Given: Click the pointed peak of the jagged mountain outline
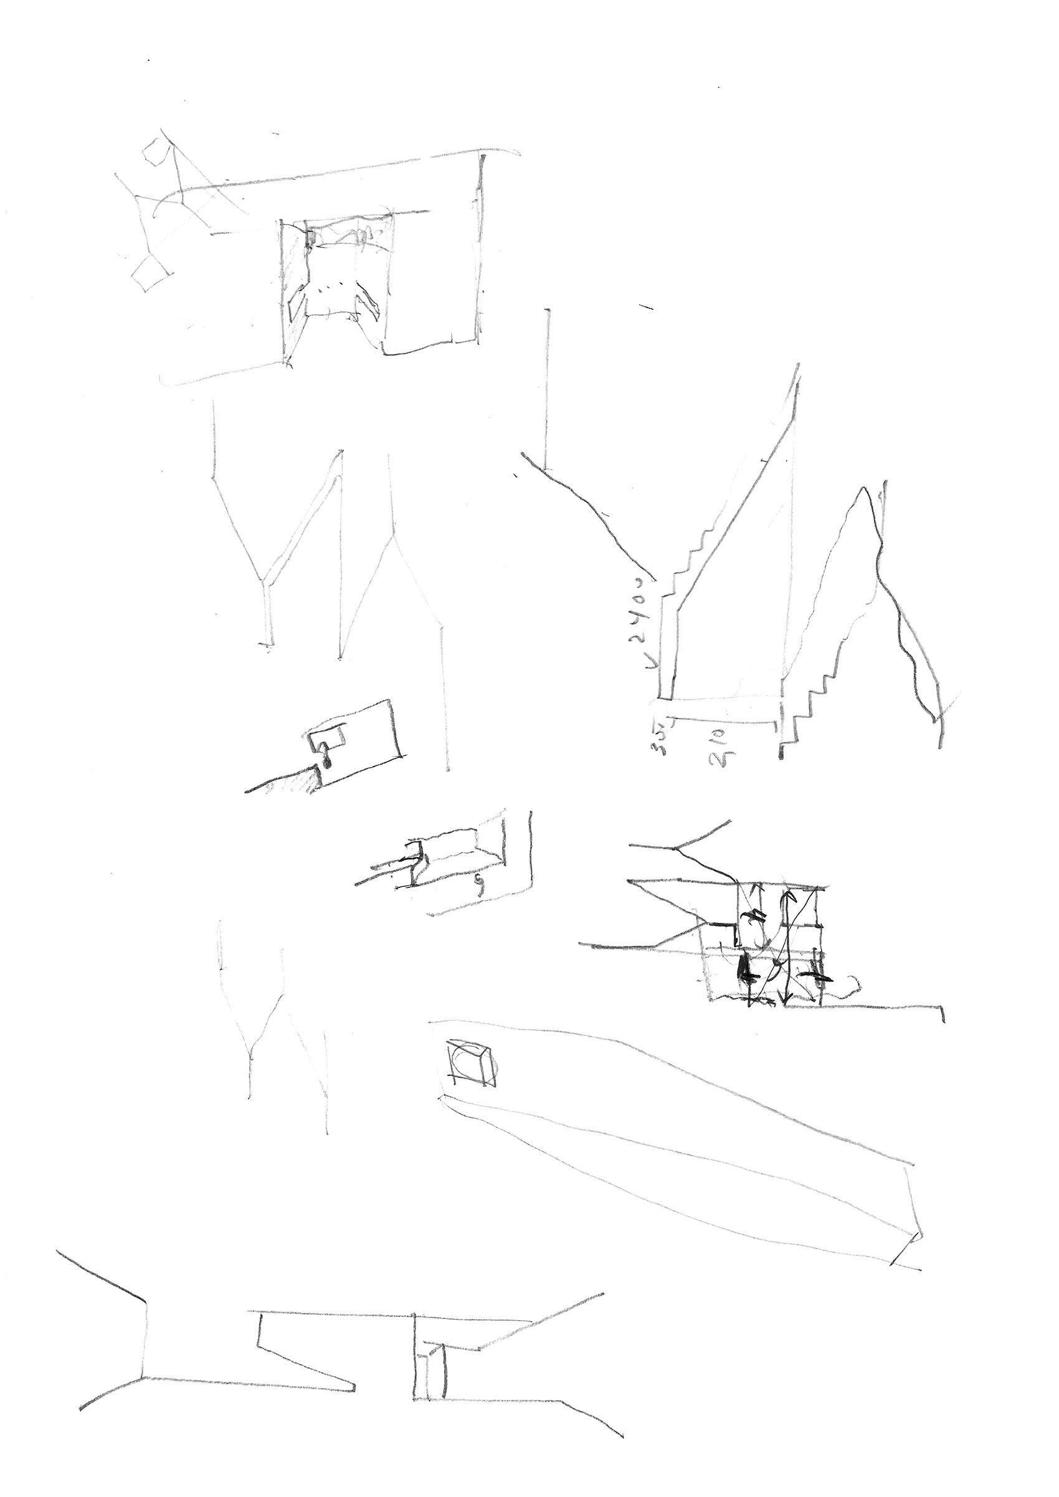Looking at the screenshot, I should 865,488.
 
